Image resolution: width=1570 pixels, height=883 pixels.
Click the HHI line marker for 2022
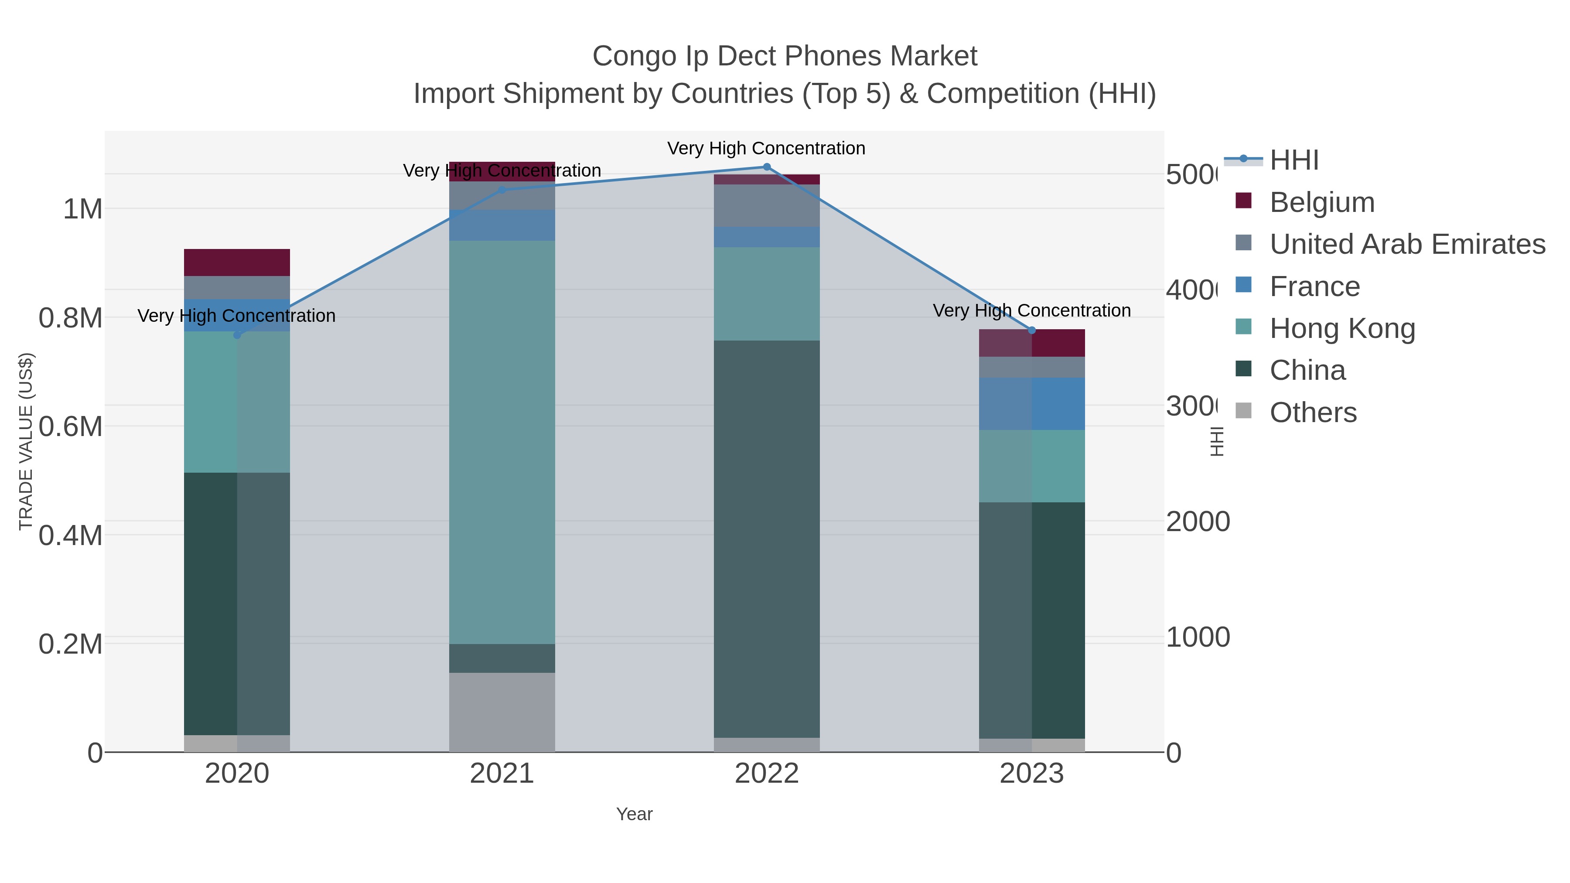pos(767,167)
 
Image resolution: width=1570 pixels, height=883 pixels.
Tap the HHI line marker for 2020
pos(237,335)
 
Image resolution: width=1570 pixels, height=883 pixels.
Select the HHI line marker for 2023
pos(1032,330)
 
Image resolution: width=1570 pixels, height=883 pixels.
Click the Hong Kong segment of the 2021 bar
pos(502,442)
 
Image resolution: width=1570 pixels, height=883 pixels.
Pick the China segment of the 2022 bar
pos(767,539)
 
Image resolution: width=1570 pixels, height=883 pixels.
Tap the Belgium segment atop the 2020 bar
pos(237,263)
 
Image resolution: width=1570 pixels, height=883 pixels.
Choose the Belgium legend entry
pos(1321,202)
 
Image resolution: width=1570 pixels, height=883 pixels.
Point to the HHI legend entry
pos(1294,160)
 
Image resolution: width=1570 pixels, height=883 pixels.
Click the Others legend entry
pos(1313,412)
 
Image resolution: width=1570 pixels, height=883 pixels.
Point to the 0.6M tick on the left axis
pos(70,426)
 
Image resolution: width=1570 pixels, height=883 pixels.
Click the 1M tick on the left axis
pos(82,209)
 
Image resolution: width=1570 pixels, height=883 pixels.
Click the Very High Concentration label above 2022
pos(766,148)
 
